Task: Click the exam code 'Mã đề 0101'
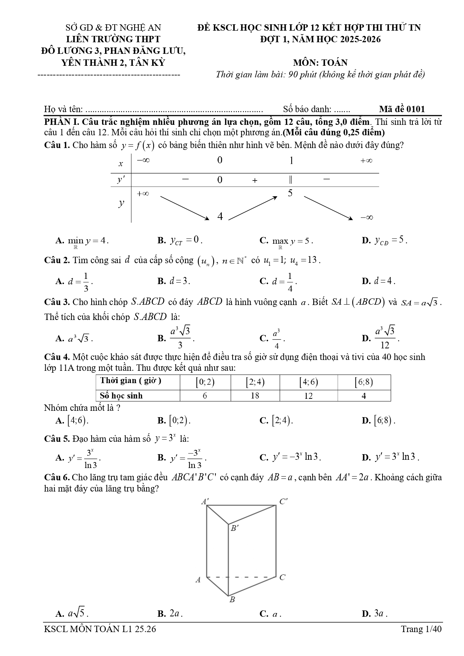[402, 109]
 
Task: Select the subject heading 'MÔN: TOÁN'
[320, 62]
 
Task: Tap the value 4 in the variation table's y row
[220, 216]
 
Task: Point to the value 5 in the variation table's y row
[290, 193]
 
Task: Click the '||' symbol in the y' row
[291, 180]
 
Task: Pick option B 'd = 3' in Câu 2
[174, 281]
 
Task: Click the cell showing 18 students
[255, 395]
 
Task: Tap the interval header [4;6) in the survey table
[308, 382]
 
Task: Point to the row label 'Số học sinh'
[122, 395]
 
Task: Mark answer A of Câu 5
[79, 458]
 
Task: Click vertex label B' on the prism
[234, 528]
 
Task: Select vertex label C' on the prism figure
[284, 502]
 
